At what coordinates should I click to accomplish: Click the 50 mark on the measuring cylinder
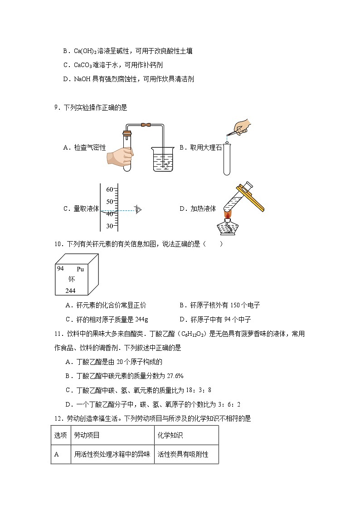[110, 201]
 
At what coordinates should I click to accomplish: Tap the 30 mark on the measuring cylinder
[110, 226]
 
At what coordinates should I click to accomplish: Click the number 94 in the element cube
[60, 268]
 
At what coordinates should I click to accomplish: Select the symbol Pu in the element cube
[80, 269]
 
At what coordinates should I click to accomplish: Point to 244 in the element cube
[70, 290]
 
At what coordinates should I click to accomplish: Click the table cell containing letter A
[57, 454]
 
